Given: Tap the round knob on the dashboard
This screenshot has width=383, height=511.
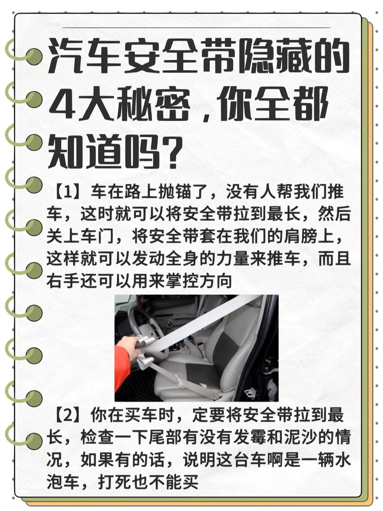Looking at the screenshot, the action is coord(169,323).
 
